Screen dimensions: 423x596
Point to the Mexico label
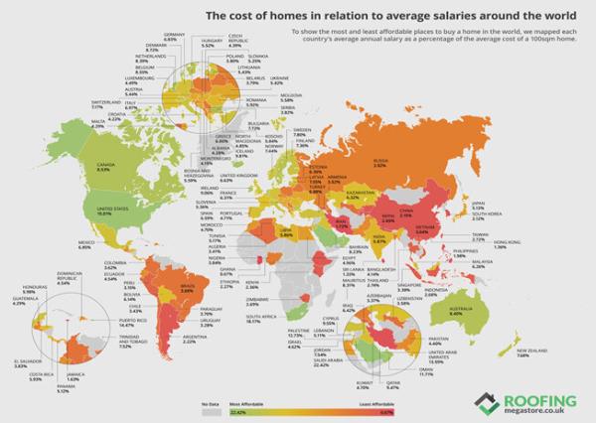pos(57,242)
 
